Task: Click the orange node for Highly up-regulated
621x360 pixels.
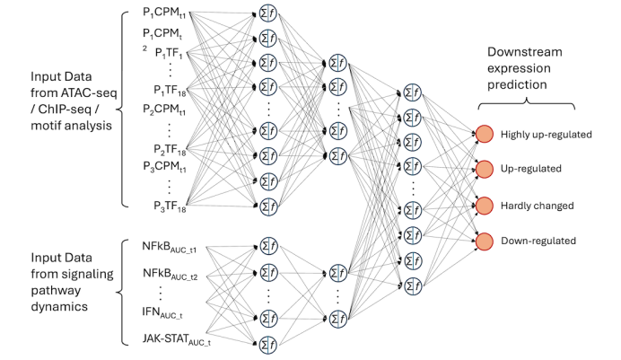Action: tap(484, 135)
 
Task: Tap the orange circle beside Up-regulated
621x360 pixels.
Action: tap(484, 168)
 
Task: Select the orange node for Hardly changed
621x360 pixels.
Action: tap(484, 205)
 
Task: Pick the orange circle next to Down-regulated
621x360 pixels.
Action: tap(484, 240)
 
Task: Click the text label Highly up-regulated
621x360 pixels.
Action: tap(546, 135)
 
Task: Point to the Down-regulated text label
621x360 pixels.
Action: tap(538, 240)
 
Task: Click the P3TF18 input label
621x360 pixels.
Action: tap(169, 206)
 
